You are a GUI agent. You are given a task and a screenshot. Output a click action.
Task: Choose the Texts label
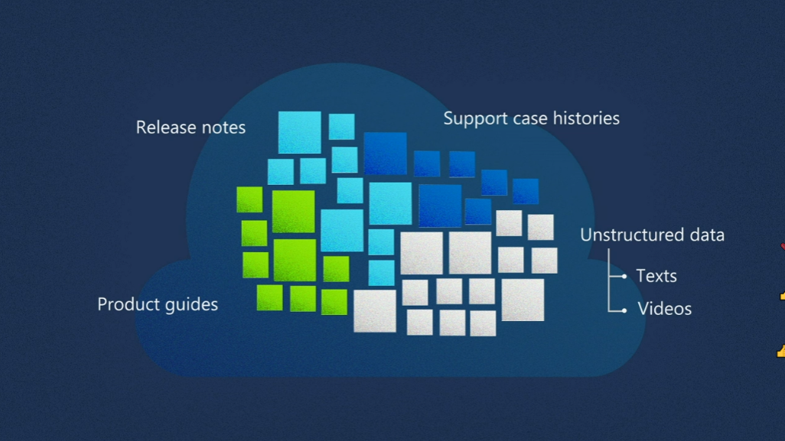point(656,276)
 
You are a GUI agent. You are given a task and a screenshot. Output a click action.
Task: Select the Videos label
point(664,309)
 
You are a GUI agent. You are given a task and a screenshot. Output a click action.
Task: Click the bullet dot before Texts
point(625,276)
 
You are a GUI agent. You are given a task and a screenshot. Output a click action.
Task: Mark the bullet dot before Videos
point(625,310)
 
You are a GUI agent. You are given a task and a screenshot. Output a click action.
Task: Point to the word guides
point(191,305)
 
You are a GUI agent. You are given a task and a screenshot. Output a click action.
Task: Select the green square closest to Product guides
point(269,297)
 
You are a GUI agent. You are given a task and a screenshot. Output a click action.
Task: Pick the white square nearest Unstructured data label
point(540,227)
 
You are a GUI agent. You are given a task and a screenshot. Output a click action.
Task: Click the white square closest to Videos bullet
point(523,300)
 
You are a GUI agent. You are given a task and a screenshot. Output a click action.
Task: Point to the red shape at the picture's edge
point(782,246)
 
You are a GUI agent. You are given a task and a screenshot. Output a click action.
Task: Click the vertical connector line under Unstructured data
point(609,279)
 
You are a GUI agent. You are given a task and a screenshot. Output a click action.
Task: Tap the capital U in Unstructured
point(585,235)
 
